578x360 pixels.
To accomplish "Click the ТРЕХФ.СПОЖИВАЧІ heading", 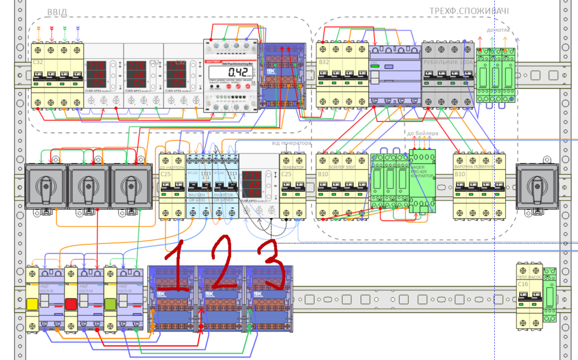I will click(469, 11).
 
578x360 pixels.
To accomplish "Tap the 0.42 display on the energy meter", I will click(238, 72).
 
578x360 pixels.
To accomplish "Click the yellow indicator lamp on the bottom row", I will click(32, 303).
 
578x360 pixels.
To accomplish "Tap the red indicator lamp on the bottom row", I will click(72, 303).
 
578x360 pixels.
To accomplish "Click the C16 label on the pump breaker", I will click(523, 285).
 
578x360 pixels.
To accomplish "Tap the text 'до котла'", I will click(498, 29).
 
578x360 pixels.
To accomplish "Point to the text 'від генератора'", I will click(292, 143).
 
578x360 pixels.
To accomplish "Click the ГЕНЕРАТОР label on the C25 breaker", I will click(292, 166).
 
